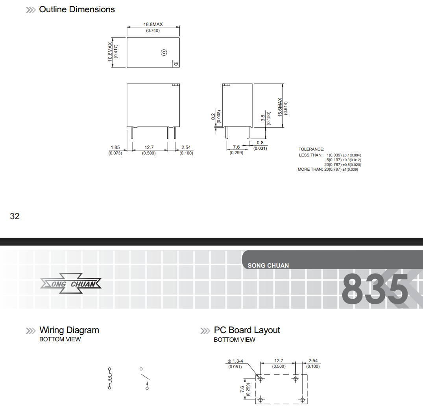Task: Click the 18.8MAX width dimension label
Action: (153, 24)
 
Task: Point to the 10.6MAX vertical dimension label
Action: (110, 52)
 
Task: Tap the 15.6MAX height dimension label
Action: (280, 107)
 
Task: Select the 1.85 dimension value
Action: (115, 147)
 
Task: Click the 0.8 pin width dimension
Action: (260, 142)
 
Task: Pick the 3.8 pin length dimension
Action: (263, 118)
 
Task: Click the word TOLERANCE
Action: (311, 149)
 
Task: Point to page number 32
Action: (15, 216)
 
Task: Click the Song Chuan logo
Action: (71, 283)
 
